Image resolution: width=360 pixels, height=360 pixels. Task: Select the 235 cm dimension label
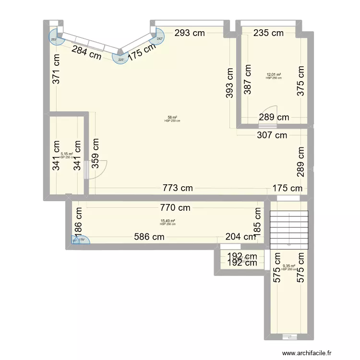tap(268, 33)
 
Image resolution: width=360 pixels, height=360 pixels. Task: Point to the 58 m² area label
tap(172, 118)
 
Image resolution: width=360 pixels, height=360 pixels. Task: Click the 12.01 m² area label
tap(274, 74)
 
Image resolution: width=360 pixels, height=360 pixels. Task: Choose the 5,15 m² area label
tap(66, 154)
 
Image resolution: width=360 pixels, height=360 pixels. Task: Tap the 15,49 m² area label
tap(168, 221)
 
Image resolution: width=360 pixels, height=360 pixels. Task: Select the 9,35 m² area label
tap(288, 266)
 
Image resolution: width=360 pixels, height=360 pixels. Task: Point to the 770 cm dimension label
tap(175, 208)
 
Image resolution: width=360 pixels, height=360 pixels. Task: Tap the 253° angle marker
tap(54, 39)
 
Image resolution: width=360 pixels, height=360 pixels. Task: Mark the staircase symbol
tap(288, 229)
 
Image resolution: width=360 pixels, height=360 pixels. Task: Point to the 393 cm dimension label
tap(230, 83)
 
